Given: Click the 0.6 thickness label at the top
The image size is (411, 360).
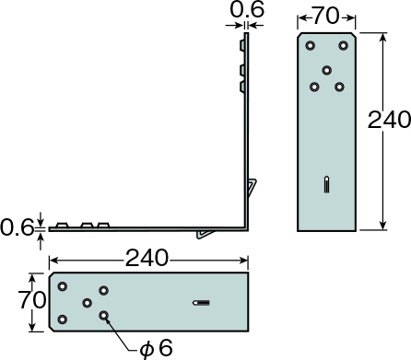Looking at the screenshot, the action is click(247, 9).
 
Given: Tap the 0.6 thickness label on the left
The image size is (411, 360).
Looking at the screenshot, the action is click(17, 227).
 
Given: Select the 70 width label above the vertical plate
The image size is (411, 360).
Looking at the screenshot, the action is click(326, 17).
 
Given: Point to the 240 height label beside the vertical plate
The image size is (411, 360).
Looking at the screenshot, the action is click(389, 120).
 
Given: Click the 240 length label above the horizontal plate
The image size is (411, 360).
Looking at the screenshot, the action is click(147, 258).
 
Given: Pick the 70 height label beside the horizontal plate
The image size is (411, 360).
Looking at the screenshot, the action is click(32, 300).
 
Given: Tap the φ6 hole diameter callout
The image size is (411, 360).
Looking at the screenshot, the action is click(157, 348).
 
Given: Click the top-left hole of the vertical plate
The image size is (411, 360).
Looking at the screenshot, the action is click(311, 46).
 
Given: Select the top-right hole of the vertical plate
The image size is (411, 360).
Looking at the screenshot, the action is click(343, 46).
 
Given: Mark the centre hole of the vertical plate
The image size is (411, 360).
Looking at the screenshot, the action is click(327, 70).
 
